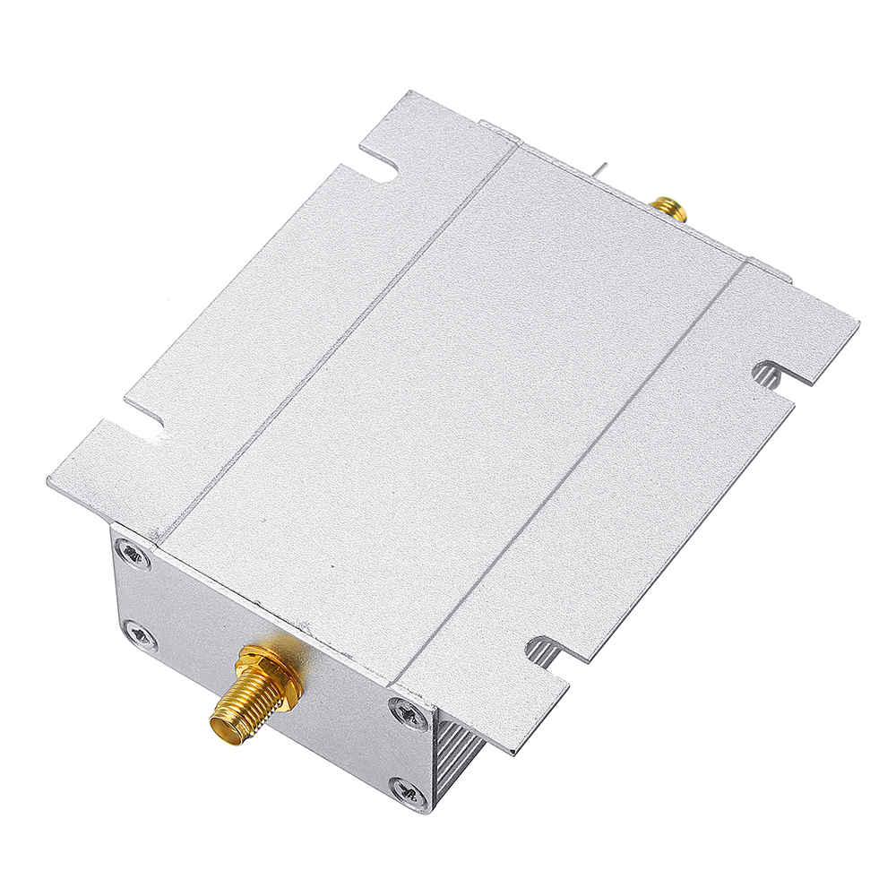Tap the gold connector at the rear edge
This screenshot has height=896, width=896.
click(668, 208)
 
